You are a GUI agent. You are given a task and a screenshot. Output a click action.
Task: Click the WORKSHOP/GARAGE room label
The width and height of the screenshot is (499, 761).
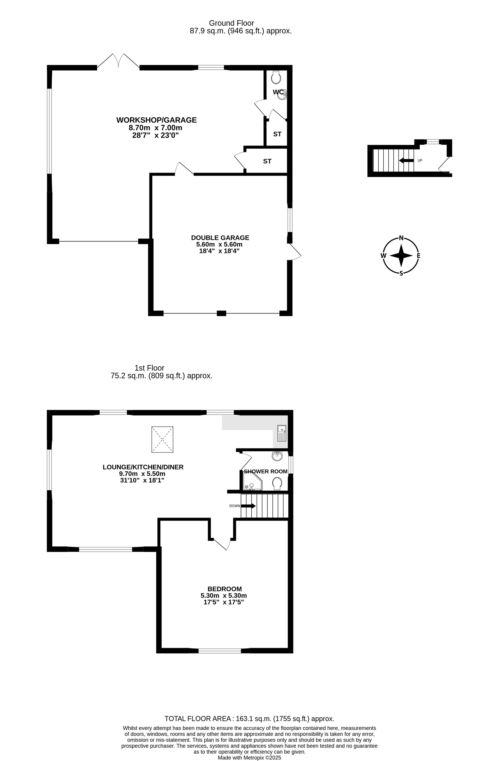click(x=156, y=120)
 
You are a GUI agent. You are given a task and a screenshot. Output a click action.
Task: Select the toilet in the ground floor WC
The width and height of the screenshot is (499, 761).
click(x=276, y=77)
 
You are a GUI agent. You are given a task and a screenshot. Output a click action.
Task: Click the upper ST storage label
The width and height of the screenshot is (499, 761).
click(x=277, y=134)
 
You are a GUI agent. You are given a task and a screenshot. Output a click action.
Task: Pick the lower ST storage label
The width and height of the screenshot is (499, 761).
click(x=267, y=161)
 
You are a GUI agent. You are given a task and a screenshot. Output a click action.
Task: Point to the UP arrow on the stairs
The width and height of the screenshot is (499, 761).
click(x=406, y=161)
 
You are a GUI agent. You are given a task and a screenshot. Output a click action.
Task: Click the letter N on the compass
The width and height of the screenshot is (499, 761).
click(x=401, y=238)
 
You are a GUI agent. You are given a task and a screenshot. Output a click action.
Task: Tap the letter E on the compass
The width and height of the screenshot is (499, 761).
click(x=419, y=256)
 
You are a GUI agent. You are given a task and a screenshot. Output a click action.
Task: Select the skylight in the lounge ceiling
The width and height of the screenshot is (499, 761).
click(x=162, y=439)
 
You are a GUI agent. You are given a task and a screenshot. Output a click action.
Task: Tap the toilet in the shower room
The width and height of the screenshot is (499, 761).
click(x=277, y=484)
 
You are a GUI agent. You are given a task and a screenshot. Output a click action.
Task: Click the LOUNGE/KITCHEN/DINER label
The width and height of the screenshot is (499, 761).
click(x=143, y=467)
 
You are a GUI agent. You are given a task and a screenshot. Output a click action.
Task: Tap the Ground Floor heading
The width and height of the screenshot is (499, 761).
click(x=232, y=23)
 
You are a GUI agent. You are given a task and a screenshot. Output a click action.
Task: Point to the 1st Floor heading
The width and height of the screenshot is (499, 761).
click(x=149, y=368)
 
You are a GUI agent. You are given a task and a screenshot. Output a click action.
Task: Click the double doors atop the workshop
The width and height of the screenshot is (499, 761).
click(x=118, y=61)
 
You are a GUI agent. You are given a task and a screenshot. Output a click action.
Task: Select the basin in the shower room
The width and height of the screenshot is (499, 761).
click(x=277, y=456)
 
